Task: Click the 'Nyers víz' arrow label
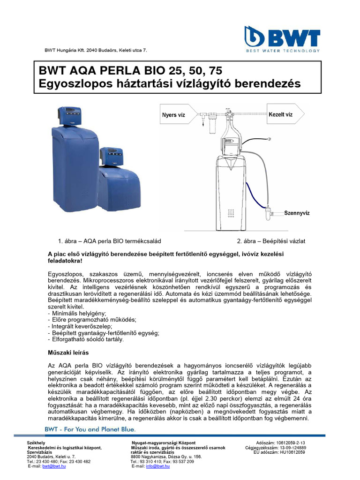tap(173, 115)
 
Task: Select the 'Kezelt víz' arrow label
tap(281, 114)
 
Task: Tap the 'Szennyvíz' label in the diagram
tap(297, 213)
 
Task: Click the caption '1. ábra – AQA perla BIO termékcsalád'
tap(109, 241)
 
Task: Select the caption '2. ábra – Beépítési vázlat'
tap(271, 241)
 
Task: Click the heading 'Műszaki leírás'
tap(68, 352)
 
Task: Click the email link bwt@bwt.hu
tap(54, 466)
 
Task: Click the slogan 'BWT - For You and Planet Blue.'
tap(90, 429)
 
